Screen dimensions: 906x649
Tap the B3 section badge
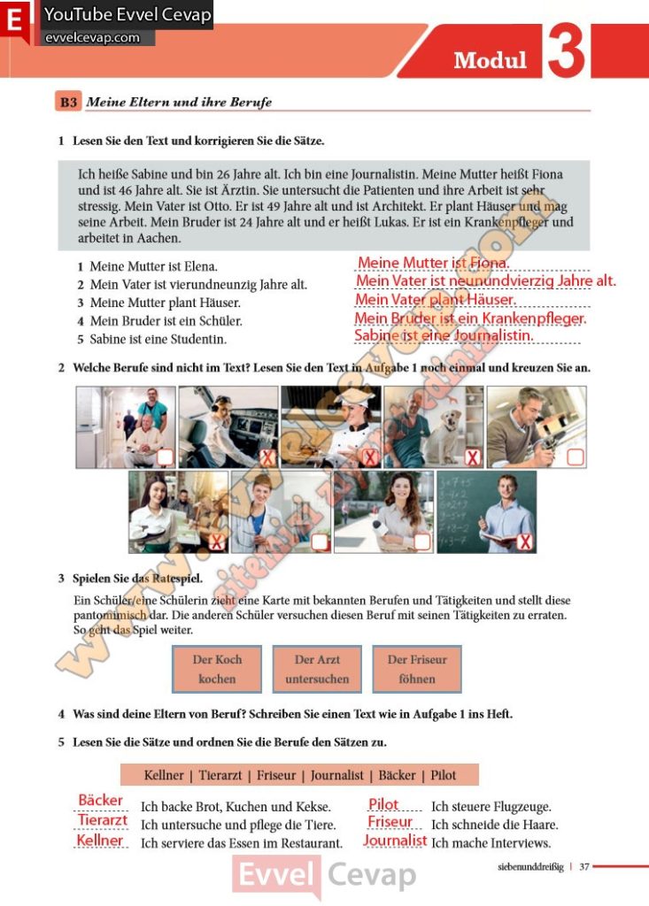(68, 102)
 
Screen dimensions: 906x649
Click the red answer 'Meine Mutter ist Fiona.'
(433, 263)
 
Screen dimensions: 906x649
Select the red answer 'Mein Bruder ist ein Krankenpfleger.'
(470, 319)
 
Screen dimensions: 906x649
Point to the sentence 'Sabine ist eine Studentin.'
(158, 339)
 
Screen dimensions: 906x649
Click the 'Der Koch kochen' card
(217, 669)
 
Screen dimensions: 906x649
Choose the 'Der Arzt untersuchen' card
(317, 669)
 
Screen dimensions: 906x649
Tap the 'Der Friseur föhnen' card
(417, 669)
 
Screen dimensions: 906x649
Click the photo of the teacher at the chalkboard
(487, 511)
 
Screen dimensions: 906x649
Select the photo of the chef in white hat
(330, 426)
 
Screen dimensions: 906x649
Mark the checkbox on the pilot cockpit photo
(267, 457)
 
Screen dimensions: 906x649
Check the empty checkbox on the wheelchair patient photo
(165, 457)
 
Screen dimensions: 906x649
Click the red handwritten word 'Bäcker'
(101, 801)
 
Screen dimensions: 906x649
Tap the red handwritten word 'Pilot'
(383, 803)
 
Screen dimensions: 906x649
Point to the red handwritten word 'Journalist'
(395, 841)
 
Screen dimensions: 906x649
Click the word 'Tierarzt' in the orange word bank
(222, 775)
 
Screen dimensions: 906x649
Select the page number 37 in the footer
(583, 867)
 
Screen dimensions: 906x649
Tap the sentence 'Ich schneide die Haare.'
(494, 825)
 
